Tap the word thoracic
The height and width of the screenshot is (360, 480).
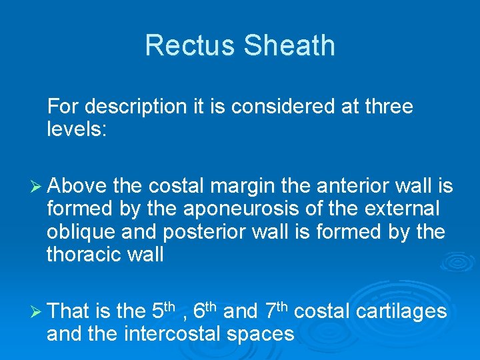point(83,254)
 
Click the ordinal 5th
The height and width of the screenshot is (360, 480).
point(163,311)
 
